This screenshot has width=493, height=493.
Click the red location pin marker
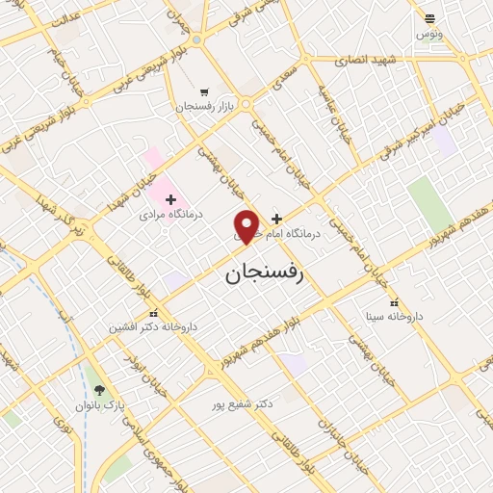pyautogui.click(x=247, y=226)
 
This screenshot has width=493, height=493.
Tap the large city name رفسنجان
pyautogui.click(x=264, y=274)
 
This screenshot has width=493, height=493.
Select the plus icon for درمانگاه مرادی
pyautogui.click(x=171, y=199)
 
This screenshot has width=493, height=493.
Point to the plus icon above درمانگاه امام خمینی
pyautogui.click(x=277, y=219)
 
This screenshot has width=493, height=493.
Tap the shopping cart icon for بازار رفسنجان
pyautogui.click(x=201, y=91)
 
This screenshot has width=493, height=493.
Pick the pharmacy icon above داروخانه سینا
pyautogui.click(x=394, y=301)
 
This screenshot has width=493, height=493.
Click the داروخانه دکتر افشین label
pyautogui.click(x=153, y=327)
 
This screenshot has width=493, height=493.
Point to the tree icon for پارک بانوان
pyautogui.click(x=99, y=390)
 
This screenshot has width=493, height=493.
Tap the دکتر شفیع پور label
pyautogui.click(x=243, y=404)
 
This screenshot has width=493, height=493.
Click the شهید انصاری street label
pyautogui.click(x=366, y=60)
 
